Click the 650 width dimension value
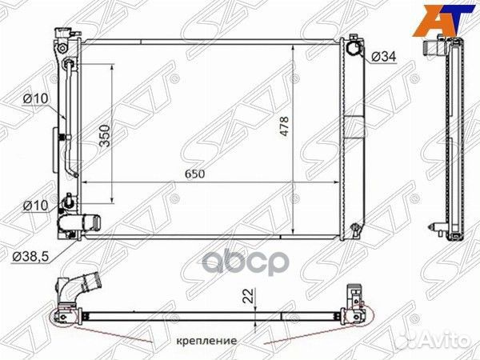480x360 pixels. point(194,174)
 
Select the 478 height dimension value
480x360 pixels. point(284,126)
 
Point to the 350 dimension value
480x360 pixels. point(105,136)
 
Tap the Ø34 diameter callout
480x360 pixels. point(384,56)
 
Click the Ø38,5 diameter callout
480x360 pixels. point(30,257)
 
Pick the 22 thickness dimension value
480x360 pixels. point(250,296)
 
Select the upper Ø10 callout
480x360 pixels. point(35,98)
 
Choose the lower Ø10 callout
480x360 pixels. point(35,206)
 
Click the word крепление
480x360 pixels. point(206,341)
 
